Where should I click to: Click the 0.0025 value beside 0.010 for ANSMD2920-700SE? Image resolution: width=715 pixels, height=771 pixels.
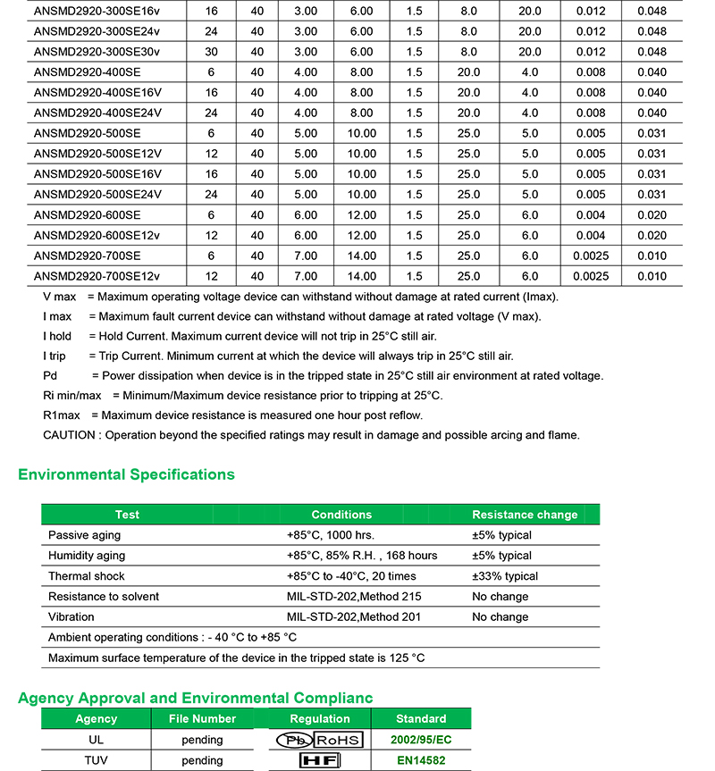point(589,256)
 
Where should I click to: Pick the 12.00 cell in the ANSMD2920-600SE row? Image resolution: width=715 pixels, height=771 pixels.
point(362,215)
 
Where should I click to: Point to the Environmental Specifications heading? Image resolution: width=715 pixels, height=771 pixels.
point(126,475)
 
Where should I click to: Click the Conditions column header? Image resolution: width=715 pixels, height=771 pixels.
point(341,515)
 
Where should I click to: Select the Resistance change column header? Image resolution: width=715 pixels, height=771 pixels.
point(525,515)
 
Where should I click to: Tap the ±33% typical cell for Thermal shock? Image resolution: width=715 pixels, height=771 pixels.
point(505,576)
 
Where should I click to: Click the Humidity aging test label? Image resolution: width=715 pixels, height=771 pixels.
point(87,556)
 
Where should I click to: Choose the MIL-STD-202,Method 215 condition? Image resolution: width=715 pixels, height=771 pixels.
point(354,597)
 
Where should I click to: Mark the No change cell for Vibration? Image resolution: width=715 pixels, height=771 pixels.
point(500,617)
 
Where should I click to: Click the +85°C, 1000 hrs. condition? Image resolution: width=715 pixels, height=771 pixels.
point(330,535)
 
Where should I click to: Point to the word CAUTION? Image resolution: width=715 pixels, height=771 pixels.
point(69,435)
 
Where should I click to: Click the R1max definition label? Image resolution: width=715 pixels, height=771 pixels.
point(62,415)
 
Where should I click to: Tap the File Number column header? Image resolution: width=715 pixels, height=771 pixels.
point(202,719)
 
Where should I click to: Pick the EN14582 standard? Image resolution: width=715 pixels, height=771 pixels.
point(421,761)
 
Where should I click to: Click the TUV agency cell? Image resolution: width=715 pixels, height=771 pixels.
point(96,761)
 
